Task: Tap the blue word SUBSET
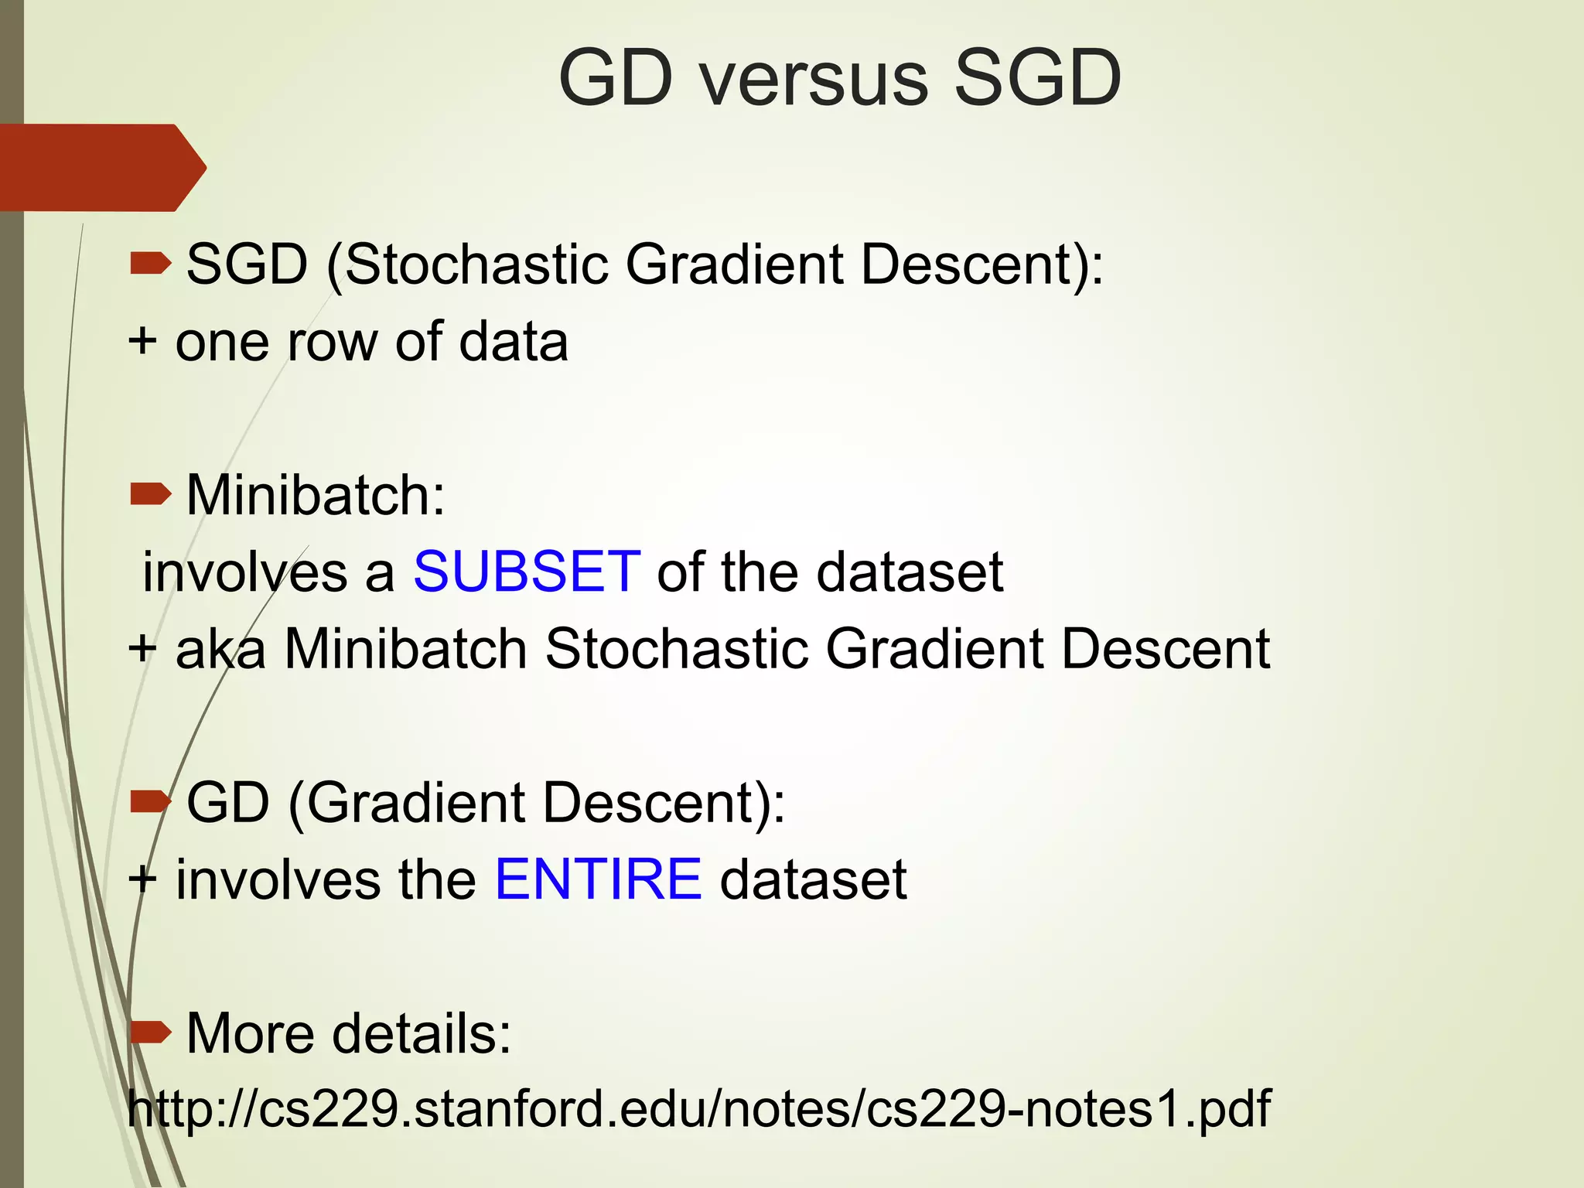(x=527, y=572)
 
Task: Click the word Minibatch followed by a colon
(x=316, y=494)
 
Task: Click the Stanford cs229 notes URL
(x=698, y=1108)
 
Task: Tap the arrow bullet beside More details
(x=151, y=1032)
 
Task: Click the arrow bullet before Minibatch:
(x=151, y=493)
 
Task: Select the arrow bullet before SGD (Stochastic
(x=151, y=264)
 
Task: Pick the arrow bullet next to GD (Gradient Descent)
(x=151, y=802)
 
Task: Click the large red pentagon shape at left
(x=101, y=167)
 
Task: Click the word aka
(x=220, y=648)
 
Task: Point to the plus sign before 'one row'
(x=142, y=340)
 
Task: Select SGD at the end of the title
(x=1036, y=79)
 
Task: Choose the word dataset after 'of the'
(x=910, y=572)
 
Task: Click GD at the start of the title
(x=616, y=79)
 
